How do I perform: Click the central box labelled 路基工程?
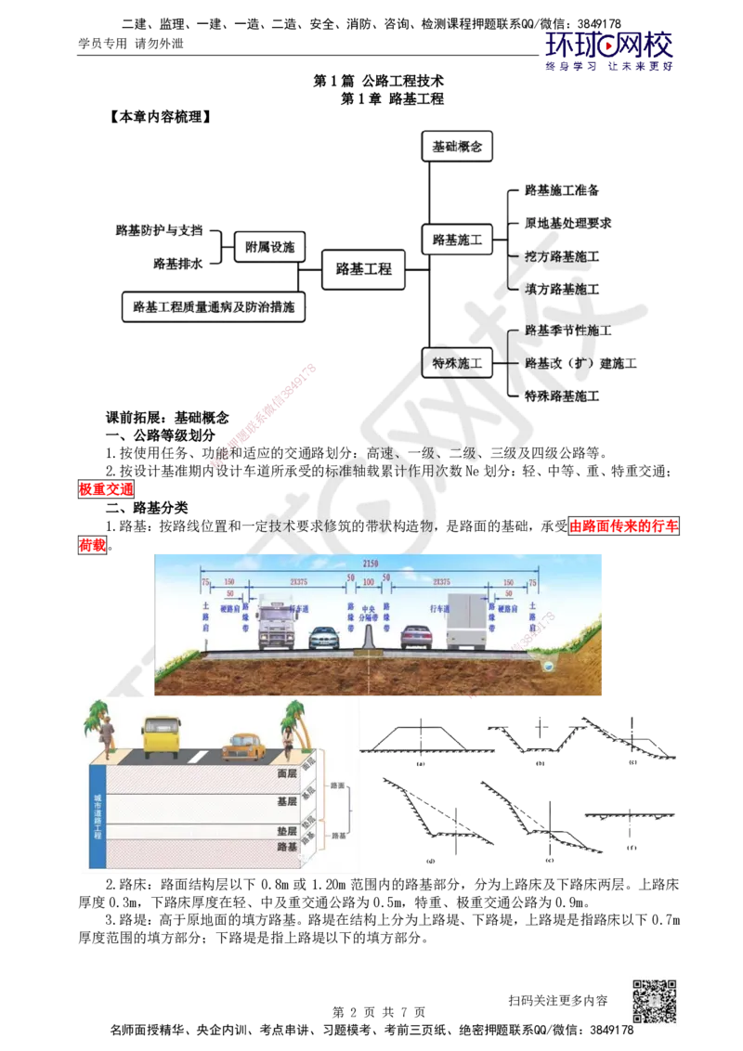coord(363,270)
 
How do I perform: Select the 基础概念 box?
coord(457,147)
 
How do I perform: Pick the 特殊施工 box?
coord(457,363)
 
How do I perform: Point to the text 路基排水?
coord(177,265)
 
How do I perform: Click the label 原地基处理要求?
coord(568,224)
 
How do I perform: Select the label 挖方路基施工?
coord(561,256)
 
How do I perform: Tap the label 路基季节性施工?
coord(567,330)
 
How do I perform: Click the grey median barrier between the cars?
coord(369,635)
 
